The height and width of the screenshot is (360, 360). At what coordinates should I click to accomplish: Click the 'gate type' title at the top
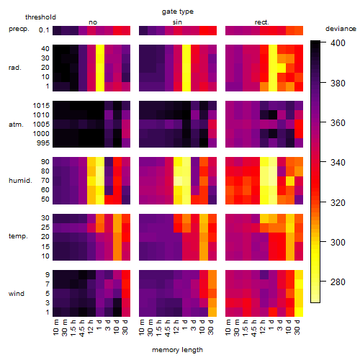pyautogui.click(x=178, y=12)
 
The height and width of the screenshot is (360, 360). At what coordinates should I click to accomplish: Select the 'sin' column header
pyautogui.click(x=177, y=22)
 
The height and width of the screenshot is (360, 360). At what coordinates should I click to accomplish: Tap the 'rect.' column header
pyautogui.click(x=262, y=22)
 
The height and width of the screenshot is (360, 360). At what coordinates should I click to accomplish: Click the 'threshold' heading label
pyautogui.click(x=40, y=17)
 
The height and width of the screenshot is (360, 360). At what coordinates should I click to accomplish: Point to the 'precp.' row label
pyautogui.click(x=19, y=29)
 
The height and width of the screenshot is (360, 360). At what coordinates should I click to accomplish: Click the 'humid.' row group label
pyautogui.click(x=20, y=181)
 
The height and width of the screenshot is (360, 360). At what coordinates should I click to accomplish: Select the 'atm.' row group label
pyautogui.click(x=16, y=125)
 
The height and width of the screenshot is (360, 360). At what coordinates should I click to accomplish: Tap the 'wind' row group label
pyautogui.click(x=17, y=294)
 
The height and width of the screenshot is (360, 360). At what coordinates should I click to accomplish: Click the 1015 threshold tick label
pyautogui.click(x=41, y=106)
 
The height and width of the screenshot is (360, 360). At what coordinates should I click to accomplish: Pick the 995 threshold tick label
pyautogui.click(x=43, y=143)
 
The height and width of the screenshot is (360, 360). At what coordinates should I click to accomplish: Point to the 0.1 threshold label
pyautogui.click(x=44, y=30)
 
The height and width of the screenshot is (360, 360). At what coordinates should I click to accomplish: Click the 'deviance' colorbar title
pyautogui.click(x=341, y=29)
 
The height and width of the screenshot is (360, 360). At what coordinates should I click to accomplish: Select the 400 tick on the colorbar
pyautogui.click(x=338, y=43)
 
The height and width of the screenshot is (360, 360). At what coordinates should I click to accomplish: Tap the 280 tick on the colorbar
pyautogui.click(x=338, y=282)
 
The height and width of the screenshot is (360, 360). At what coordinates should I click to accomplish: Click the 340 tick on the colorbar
pyautogui.click(x=338, y=163)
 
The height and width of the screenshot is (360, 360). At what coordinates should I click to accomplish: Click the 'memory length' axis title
pyautogui.click(x=177, y=350)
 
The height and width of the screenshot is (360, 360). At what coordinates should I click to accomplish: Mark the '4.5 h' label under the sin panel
pyautogui.click(x=168, y=328)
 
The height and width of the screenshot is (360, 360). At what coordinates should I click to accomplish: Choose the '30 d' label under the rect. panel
pyautogui.click(x=297, y=328)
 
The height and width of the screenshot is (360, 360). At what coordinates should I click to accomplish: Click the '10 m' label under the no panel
pyautogui.click(x=55, y=328)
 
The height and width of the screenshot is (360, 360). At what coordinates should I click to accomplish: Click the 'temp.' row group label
pyautogui.click(x=18, y=236)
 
